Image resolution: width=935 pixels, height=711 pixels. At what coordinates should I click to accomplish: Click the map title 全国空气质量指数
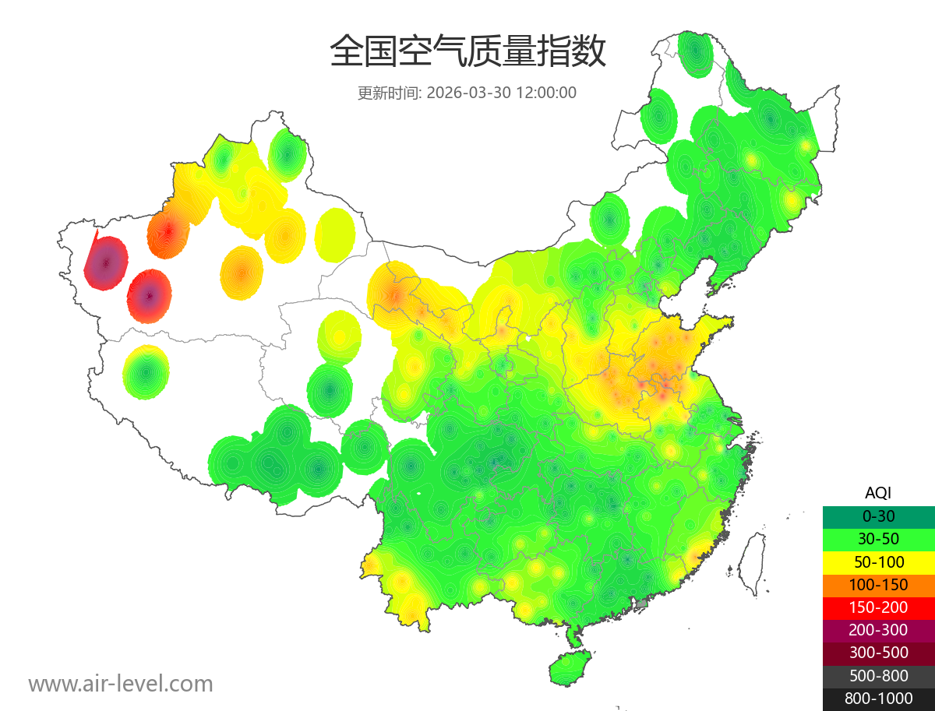click(x=467, y=52)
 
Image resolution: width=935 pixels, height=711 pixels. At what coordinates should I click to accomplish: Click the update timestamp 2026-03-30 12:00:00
click(x=502, y=93)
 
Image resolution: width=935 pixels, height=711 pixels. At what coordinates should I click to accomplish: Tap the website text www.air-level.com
click(x=121, y=685)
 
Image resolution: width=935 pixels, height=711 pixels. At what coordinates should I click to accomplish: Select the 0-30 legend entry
click(x=878, y=516)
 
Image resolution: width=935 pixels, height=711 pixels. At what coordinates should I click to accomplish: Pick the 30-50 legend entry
click(x=878, y=538)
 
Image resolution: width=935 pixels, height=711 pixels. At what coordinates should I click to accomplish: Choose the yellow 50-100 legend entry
click(x=878, y=561)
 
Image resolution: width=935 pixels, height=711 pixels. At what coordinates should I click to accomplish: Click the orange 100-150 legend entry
click(x=878, y=584)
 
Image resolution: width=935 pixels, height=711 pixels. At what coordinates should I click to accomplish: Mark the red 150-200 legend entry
click(x=878, y=607)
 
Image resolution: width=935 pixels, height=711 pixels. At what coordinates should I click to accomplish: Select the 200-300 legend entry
click(x=878, y=630)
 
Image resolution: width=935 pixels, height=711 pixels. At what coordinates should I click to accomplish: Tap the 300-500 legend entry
click(x=878, y=653)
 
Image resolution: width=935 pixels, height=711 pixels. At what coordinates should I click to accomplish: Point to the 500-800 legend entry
click(x=878, y=676)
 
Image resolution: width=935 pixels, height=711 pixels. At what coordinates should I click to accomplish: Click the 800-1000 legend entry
click(x=878, y=699)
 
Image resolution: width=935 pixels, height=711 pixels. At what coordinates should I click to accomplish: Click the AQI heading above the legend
click(x=878, y=493)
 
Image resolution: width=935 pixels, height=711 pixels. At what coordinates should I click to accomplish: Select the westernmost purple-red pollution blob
click(x=107, y=262)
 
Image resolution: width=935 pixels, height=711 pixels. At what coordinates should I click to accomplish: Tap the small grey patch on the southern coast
click(x=642, y=603)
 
